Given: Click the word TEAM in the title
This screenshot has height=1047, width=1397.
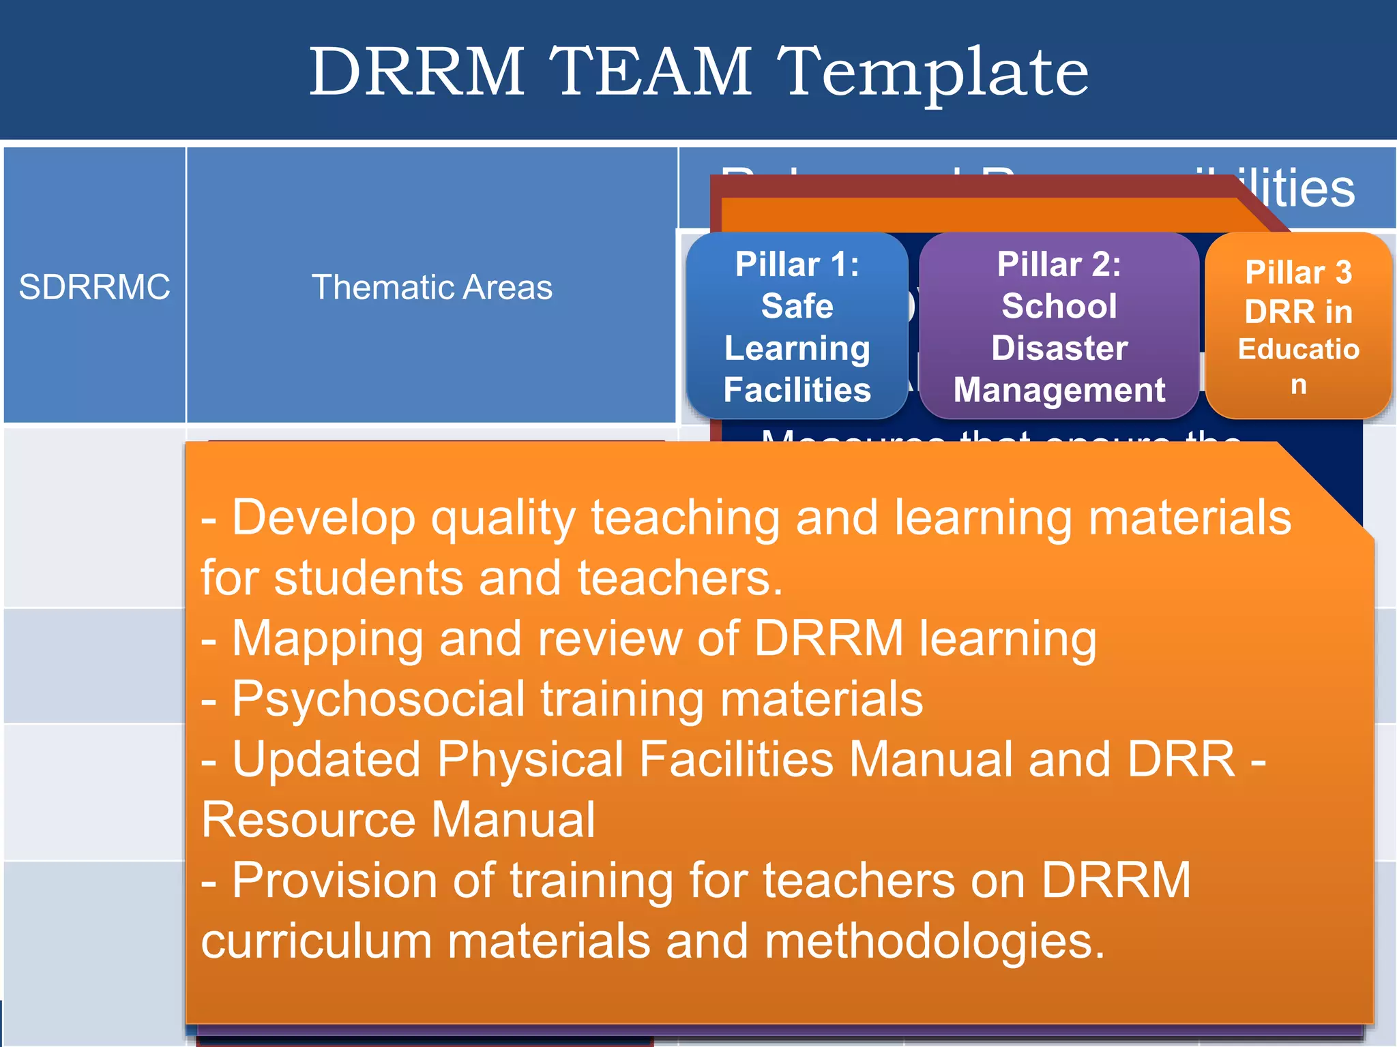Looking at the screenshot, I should [651, 71].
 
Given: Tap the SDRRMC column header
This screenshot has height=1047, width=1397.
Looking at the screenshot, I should [94, 287].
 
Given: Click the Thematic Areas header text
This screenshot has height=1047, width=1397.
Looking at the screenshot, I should [432, 287].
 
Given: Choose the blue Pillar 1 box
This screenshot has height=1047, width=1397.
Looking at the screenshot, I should [797, 326].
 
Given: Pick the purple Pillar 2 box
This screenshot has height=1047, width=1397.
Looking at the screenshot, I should [1059, 326].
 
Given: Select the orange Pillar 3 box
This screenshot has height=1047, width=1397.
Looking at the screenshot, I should [1298, 326].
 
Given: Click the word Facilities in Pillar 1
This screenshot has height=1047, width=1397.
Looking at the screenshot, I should [797, 390].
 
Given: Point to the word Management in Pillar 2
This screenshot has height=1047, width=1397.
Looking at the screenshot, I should [1059, 390].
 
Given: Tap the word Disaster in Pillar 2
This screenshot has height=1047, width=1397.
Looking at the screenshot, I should [1059, 348].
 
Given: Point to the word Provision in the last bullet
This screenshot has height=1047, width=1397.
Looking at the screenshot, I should [335, 881].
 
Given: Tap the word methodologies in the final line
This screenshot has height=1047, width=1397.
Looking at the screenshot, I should [934, 941].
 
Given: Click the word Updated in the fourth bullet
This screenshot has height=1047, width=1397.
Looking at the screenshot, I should [326, 759].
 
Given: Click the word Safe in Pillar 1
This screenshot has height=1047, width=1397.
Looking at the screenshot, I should [797, 305].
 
